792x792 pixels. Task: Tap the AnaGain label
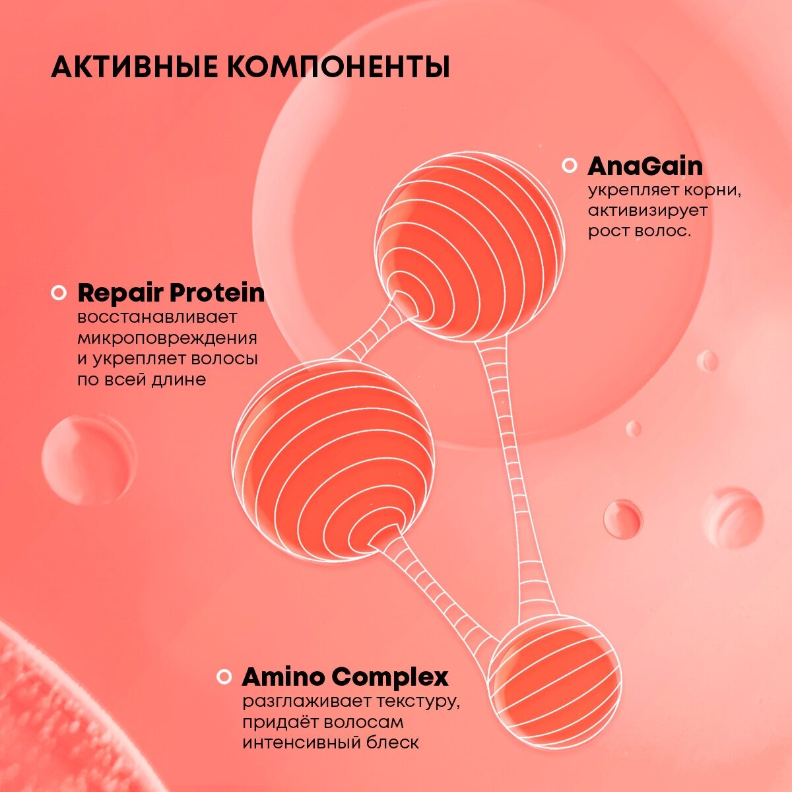(x=645, y=166)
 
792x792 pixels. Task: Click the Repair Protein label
(x=171, y=292)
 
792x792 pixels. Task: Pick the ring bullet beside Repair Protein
(x=59, y=292)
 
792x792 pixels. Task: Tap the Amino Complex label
(x=345, y=676)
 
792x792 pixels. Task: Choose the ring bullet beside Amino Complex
(x=224, y=676)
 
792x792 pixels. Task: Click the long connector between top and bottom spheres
(x=513, y=475)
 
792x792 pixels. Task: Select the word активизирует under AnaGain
(x=647, y=211)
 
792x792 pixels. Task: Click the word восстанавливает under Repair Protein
(x=157, y=317)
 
